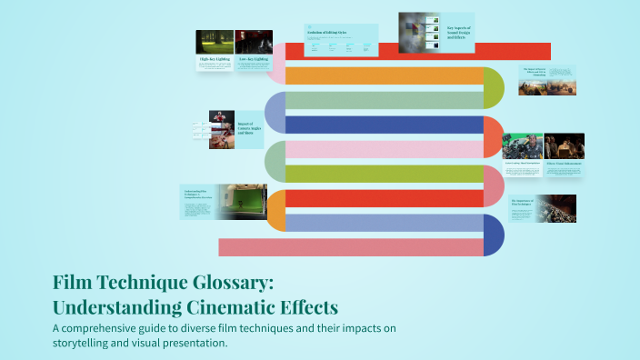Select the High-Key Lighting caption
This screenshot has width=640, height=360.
214,59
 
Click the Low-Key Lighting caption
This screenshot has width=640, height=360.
253,59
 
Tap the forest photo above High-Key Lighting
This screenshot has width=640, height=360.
214,42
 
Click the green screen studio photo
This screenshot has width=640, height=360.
242,202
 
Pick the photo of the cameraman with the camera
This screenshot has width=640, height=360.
523,146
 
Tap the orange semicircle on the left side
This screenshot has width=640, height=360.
276,210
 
